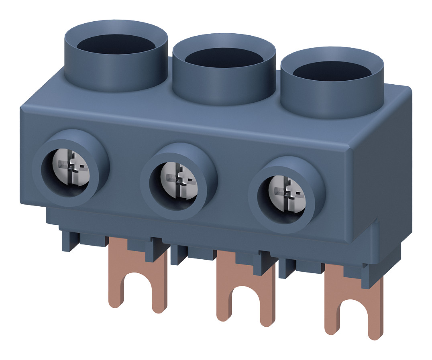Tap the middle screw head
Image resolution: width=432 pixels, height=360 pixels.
point(179,178)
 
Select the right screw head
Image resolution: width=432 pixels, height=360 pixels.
point(286,191)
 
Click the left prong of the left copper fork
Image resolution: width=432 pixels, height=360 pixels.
point(116,289)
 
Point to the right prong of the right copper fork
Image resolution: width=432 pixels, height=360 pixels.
point(374,317)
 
